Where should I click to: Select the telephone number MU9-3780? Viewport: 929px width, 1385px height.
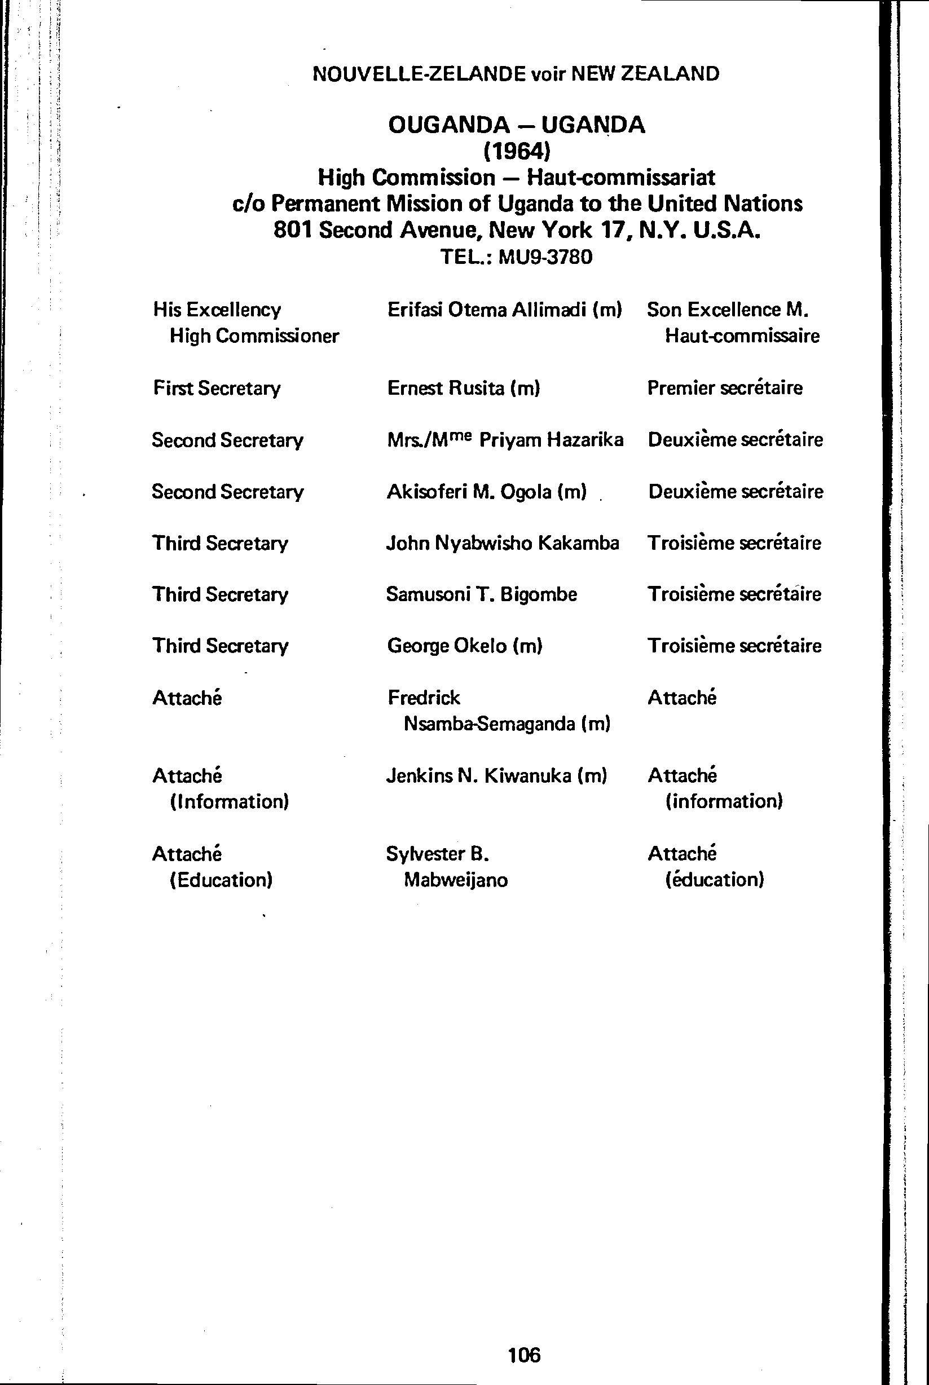pyautogui.click(x=545, y=257)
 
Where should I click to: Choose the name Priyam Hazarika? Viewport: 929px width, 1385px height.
pyautogui.click(x=551, y=440)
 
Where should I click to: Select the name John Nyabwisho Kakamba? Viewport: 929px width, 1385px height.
pyautogui.click(x=503, y=543)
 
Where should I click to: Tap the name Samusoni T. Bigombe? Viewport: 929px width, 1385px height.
pyautogui.click(x=481, y=594)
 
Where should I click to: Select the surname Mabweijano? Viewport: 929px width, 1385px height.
pyautogui.click(x=456, y=880)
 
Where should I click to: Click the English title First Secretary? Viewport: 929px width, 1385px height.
pyautogui.click(x=217, y=388)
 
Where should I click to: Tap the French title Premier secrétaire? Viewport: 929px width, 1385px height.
pyautogui.click(x=725, y=388)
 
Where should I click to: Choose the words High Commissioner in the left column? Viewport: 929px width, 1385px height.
pyautogui.click(x=254, y=336)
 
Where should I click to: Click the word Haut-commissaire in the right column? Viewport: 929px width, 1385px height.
pyautogui.click(x=742, y=336)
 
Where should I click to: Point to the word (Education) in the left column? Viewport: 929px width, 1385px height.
pyautogui.click(x=221, y=880)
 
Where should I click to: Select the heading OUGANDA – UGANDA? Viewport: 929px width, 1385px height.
pyautogui.click(x=517, y=125)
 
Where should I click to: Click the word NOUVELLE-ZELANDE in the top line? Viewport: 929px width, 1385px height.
pyautogui.click(x=419, y=74)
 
